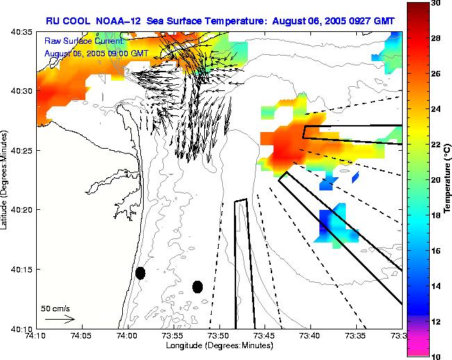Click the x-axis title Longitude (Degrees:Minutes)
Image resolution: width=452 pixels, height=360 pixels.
[x=218, y=345]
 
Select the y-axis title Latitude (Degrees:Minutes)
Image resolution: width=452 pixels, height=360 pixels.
[x=5, y=180]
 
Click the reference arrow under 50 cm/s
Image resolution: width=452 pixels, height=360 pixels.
[x=60, y=319]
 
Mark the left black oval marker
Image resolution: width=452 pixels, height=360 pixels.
[x=140, y=273]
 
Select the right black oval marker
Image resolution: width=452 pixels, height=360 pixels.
[x=197, y=287]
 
